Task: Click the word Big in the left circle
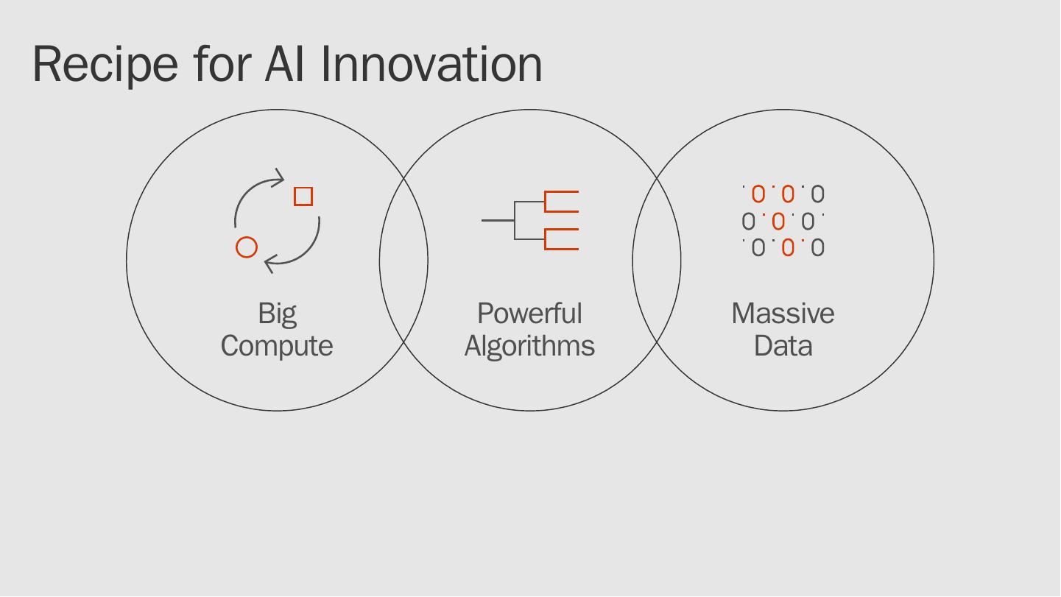pos(277,314)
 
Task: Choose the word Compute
pos(277,346)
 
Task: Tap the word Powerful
pos(529,314)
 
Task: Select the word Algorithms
pos(529,346)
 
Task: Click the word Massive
pos(783,314)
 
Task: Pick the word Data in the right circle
pos(783,346)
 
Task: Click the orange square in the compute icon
pos(303,197)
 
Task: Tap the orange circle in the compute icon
pos(247,247)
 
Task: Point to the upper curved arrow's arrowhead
pos(279,178)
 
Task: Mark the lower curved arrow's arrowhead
pos(269,263)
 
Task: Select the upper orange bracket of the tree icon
pos(560,201)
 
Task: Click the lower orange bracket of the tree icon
pos(560,239)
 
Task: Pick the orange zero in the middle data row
pos(778,221)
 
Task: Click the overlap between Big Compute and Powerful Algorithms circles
pos(403,261)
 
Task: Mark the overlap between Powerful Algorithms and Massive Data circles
pos(657,261)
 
